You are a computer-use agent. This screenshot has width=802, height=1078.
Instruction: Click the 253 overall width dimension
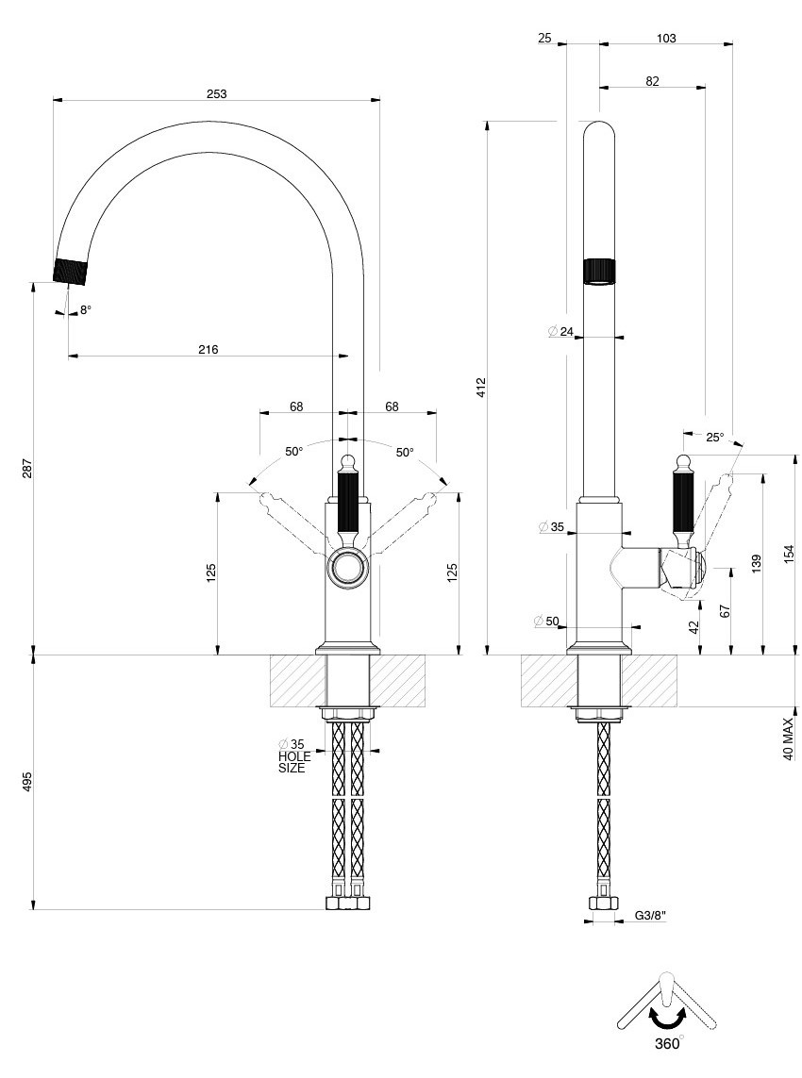[x=216, y=93]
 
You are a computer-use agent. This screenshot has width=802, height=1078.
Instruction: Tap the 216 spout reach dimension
[x=208, y=349]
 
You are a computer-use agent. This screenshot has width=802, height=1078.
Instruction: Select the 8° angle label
[x=85, y=309]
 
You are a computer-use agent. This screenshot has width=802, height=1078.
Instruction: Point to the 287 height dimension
[x=27, y=468]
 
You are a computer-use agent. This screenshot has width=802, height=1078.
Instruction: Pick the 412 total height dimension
[x=480, y=386]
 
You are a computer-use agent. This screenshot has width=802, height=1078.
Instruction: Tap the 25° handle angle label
[x=714, y=437]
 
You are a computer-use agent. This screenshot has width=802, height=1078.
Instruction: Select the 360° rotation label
[x=666, y=1043]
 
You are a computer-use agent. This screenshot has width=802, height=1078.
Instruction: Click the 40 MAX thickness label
[x=788, y=739]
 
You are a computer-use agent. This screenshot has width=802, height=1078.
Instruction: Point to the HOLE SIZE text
[x=292, y=762]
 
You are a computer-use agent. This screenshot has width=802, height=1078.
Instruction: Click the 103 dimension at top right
[x=665, y=39]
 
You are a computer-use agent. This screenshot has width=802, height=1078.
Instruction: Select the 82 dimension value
[x=652, y=81]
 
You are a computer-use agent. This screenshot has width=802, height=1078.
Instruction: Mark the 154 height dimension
[x=789, y=554]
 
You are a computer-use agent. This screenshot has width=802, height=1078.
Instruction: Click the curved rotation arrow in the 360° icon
[x=667, y=1017]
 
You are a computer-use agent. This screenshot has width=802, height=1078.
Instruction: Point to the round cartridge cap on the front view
[x=346, y=569]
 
